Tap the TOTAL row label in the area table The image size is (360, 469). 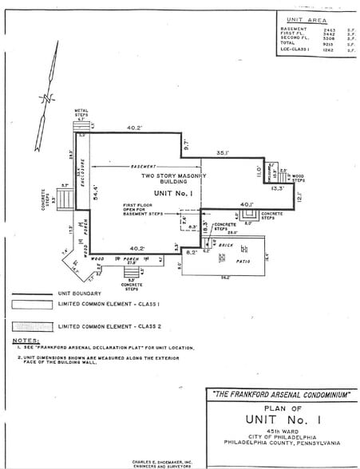[x=287, y=44]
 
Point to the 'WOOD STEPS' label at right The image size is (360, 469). [x=297, y=179]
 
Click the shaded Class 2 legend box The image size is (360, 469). [x=33, y=328]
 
